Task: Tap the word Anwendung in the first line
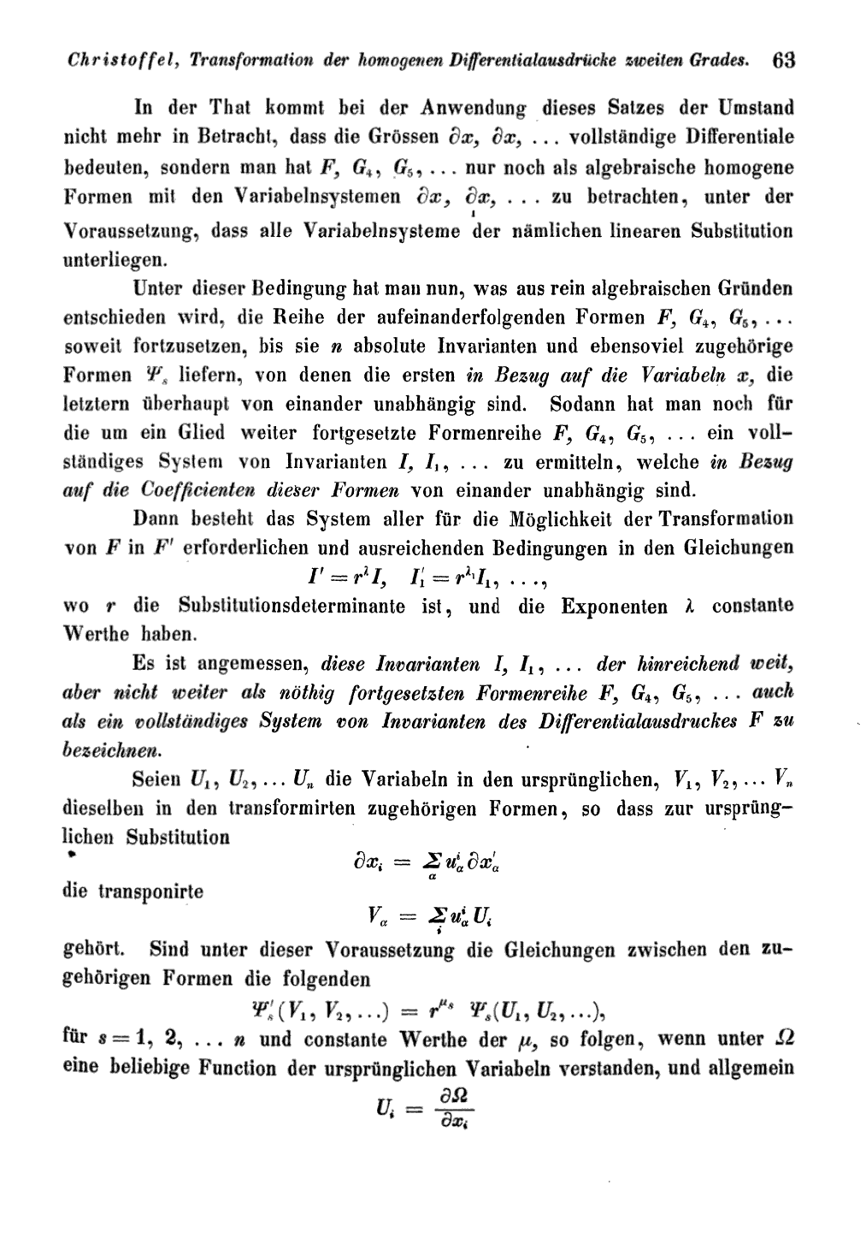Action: coord(474,109)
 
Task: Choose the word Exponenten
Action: coord(614,607)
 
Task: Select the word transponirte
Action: coord(133,891)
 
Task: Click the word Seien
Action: coord(156,780)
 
